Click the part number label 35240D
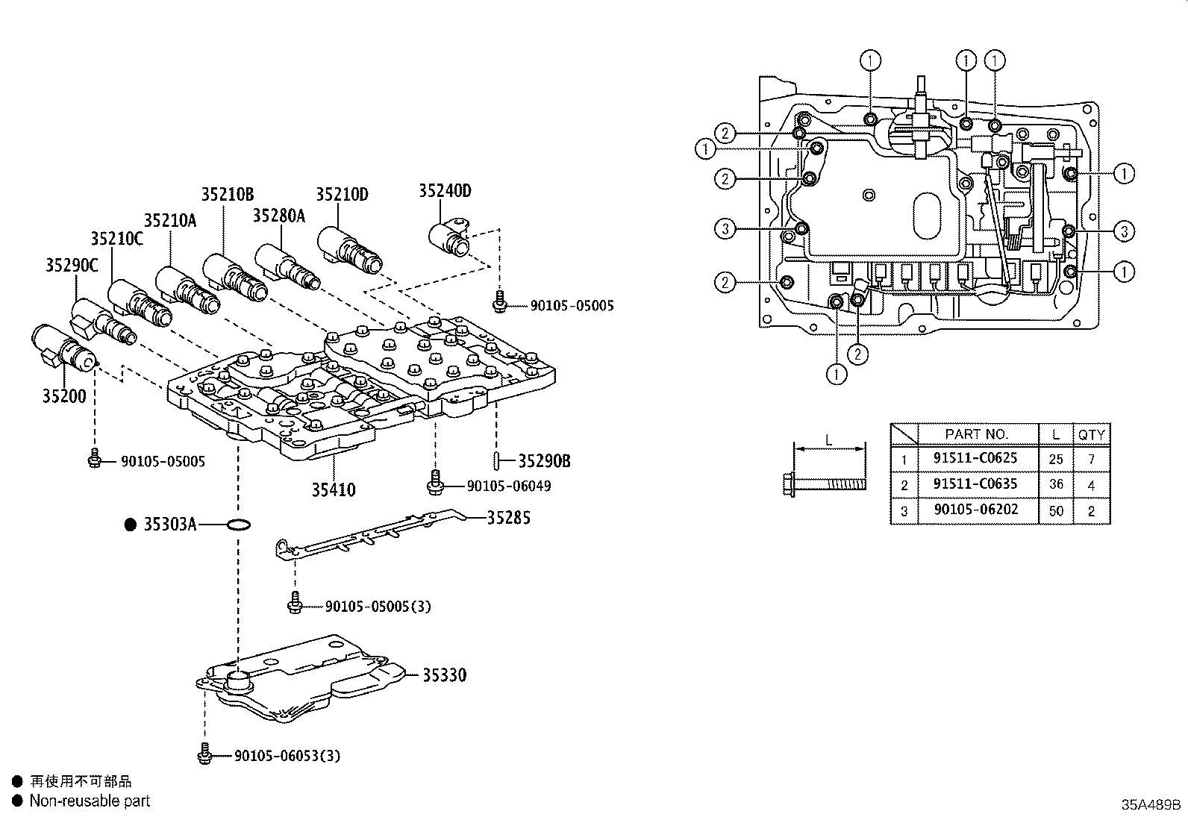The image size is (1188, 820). click(444, 190)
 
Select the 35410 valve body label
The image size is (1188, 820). click(334, 490)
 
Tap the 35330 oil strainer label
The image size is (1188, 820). click(444, 675)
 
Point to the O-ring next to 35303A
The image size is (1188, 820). click(237, 526)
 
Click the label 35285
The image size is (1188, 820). click(508, 517)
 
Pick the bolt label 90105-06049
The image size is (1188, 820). click(508, 486)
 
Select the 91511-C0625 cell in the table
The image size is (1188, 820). click(975, 458)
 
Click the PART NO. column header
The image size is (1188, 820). click(976, 434)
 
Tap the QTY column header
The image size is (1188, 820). click(1091, 434)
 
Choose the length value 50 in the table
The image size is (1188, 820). click(1056, 511)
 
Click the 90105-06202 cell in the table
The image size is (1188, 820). click(975, 510)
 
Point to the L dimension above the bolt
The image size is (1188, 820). click(828, 440)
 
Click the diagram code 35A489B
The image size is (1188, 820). click(1150, 805)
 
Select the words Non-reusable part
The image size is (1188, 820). click(90, 801)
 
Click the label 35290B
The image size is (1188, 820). click(544, 461)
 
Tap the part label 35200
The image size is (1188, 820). click(63, 396)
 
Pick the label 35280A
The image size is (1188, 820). click(278, 216)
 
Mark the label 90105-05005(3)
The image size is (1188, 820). click(378, 607)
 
